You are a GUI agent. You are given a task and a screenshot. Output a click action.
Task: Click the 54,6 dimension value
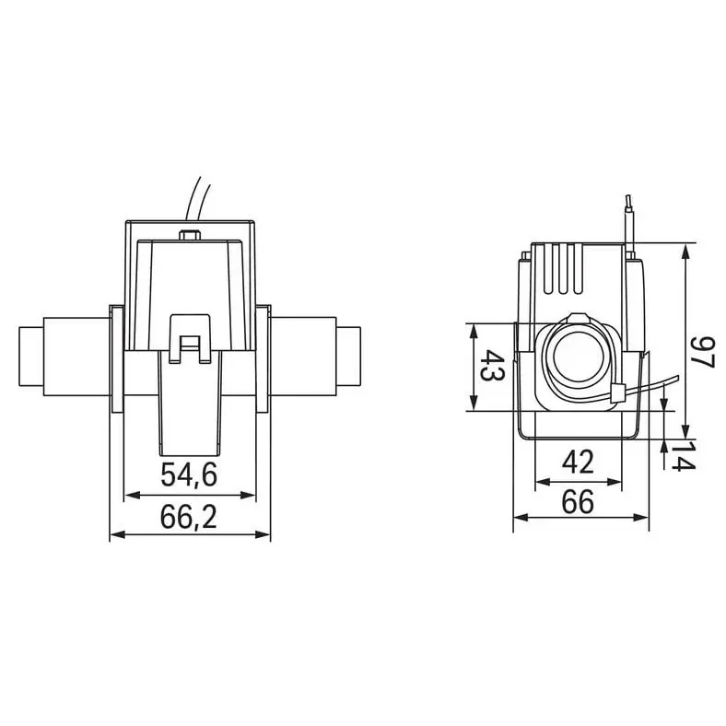coord(189,474)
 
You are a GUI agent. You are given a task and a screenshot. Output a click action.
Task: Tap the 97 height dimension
coord(703,352)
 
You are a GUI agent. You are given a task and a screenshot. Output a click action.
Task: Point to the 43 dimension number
coord(492,366)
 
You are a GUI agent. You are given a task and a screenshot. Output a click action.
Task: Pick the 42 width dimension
coord(578,462)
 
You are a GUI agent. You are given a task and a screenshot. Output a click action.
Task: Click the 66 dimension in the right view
coord(578,502)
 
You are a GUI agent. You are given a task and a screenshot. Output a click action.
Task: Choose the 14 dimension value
coord(683,456)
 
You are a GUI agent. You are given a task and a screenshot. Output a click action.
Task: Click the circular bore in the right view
coord(575,357)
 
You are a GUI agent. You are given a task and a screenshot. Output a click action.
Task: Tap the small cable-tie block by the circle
coord(617,393)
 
